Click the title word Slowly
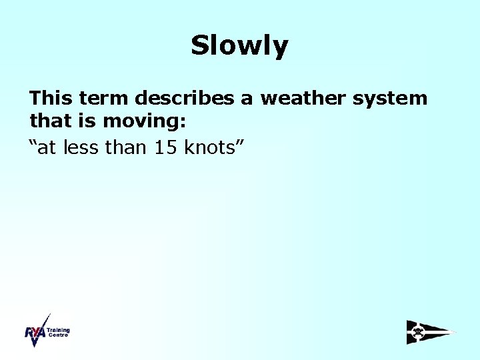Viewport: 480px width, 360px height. pos(239,45)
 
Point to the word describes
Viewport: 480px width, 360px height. pos(186,99)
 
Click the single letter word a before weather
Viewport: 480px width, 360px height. pos(247,99)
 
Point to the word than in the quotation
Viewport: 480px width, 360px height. pos(127,147)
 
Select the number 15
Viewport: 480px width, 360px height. pos(166,147)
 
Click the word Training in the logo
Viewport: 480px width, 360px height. pos(58,330)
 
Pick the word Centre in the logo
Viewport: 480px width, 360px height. pos(57,335)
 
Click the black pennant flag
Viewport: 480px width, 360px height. pos(430,332)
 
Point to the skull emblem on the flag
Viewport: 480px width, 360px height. pos(418,331)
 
